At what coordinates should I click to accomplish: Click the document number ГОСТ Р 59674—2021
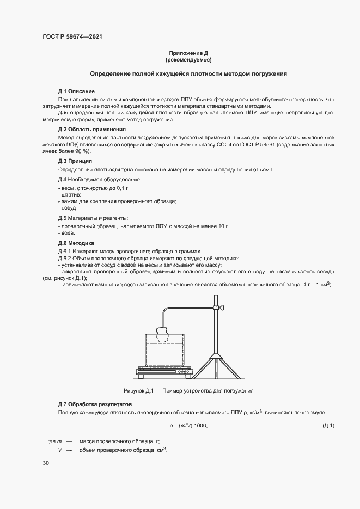[72, 36]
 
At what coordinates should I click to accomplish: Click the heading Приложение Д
[188, 53]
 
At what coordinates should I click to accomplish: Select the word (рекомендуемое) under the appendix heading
[188, 59]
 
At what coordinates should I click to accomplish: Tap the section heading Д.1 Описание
[76, 90]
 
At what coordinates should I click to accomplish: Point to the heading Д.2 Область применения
[91, 130]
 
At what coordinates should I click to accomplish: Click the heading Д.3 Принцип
[75, 162]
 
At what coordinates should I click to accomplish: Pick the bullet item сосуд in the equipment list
[68, 208]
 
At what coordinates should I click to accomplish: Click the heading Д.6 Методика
[76, 243]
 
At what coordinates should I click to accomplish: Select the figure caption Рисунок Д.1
[189, 391]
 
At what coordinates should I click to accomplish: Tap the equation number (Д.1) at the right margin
[328, 425]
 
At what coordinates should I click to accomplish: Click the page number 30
[46, 463]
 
